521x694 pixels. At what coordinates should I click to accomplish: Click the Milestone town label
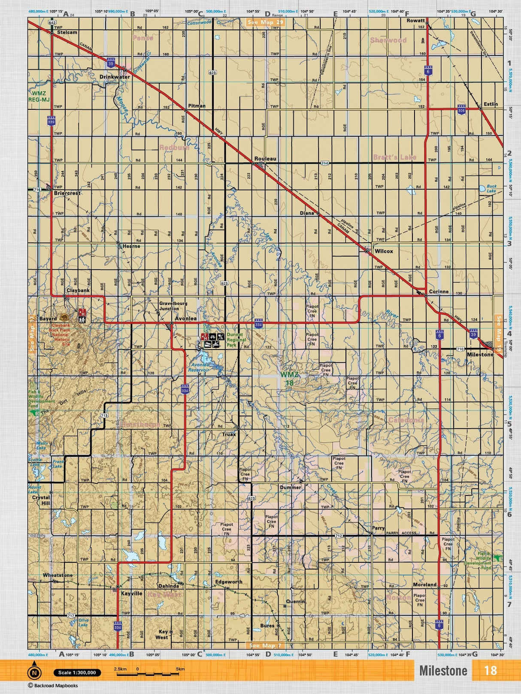click(x=480, y=355)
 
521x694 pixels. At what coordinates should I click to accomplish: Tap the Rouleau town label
click(x=265, y=159)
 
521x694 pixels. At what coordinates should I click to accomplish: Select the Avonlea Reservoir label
click(x=199, y=367)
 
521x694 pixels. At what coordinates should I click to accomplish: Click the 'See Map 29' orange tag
click(x=265, y=22)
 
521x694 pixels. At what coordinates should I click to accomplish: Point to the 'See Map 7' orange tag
click(x=265, y=646)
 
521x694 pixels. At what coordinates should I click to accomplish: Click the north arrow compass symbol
click(x=34, y=673)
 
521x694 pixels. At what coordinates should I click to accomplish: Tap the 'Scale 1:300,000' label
click(x=77, y=673)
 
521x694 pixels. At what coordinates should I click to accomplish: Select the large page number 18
click(x=490, y=670)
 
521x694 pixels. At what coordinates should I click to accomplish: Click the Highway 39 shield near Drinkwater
click(x=111, y=63)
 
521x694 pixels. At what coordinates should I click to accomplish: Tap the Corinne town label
click(x=439, y=292)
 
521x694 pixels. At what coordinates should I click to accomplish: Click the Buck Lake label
click(x=491, y=189)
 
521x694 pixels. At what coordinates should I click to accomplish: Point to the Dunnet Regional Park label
click(x=236, y=340)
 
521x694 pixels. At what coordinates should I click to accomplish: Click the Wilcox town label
click(x=383, y=251)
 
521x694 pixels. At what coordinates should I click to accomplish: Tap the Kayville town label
click(x=131, y=594)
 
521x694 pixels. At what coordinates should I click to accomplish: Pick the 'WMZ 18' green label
click(x=289, y=379)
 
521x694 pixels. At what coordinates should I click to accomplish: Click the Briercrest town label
click(x=67, y=193)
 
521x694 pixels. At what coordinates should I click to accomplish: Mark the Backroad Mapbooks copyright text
click(x=53, y=685)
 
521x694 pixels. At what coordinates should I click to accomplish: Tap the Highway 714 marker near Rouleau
click(x=324, y=163)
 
